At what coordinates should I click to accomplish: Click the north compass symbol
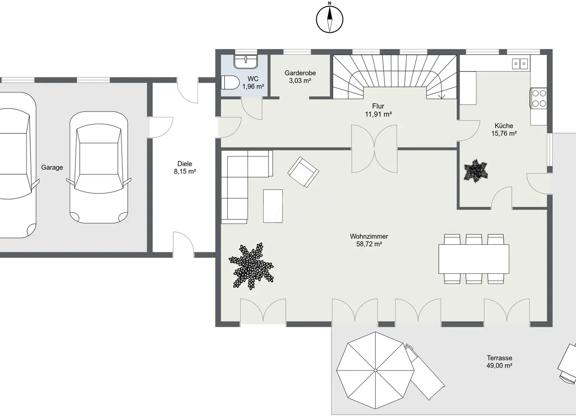click(329, 18)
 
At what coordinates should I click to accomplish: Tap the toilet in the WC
click(230, 82)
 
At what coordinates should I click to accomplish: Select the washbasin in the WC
click(246, 62)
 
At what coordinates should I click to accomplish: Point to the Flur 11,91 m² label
click(378, 110)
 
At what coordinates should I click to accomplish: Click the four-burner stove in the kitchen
click(539, 98)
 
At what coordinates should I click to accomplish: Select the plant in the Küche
click(476, 171)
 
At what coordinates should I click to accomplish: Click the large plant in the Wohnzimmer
click(251, 266)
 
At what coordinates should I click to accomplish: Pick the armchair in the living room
click(303, 172)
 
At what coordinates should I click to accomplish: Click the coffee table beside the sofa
click(273, 206)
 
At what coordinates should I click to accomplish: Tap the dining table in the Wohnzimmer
click(474, 259)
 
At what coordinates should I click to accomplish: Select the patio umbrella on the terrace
click(375, 370)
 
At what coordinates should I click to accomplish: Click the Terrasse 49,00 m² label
click(499, 362)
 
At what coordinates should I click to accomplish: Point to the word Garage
click(52, 168)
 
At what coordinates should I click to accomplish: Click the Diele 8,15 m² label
click(185, 168)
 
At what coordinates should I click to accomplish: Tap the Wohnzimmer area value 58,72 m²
click(369, 244)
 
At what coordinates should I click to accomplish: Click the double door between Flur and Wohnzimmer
click(374, 149)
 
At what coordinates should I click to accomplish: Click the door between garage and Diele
click(161, 127)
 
